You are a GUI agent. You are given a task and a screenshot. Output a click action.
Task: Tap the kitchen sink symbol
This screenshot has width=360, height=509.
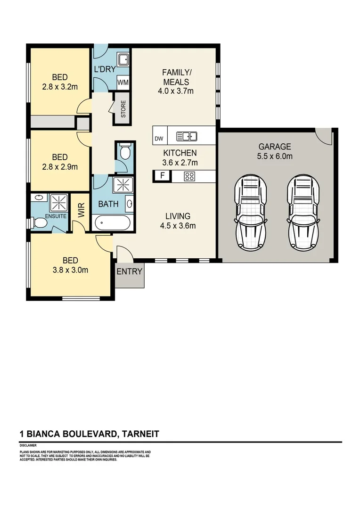(x=187, y=137)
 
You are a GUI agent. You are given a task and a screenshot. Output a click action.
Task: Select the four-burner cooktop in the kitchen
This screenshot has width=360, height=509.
(x=189, y=177)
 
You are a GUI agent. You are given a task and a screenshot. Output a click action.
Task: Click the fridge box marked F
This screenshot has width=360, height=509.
(x=163, y=177)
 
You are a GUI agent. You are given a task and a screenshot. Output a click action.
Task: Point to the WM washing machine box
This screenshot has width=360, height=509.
(x=123, y=82)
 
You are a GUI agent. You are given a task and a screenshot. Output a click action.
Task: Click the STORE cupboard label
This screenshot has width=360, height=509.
(x=123, y=109)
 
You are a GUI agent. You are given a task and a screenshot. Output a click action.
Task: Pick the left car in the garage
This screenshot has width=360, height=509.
(x=253, y=212)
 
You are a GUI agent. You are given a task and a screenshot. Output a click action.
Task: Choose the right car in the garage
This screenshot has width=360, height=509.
(x=304, y=212)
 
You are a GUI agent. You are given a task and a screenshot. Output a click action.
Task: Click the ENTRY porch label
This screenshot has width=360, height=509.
(x=130, y=271)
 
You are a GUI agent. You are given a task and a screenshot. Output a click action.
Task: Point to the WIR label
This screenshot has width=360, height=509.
(x=80, y=210)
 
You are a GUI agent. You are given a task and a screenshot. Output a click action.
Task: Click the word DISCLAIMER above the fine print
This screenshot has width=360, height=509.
(x=28, y=445)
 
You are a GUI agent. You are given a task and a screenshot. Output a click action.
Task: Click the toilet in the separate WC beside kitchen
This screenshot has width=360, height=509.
(x=125, y=152)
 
